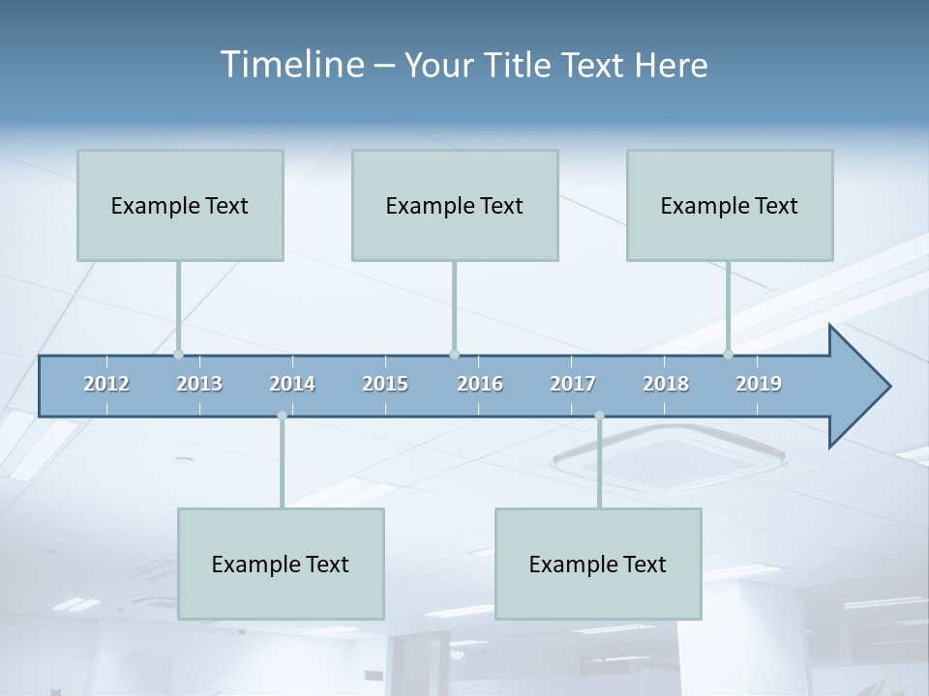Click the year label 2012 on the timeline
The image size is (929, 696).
click(106, 384)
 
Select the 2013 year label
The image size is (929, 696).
click(199, 384)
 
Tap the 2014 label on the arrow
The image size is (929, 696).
click(292, 384)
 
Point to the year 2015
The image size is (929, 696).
click(385, 384)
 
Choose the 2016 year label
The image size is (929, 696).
click(480, 384)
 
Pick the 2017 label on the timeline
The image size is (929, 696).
click(573, 384)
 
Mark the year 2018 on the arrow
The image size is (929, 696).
click(666, 384)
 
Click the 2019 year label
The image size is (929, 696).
click(759, 384)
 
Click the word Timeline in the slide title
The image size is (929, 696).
click(289, 65)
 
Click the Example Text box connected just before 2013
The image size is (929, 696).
click(180, 205)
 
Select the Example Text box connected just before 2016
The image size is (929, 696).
click(455, 205)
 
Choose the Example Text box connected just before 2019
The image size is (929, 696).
click(730, 205)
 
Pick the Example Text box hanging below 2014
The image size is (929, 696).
click(281, 564)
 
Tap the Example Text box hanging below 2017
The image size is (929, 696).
click(598, 564)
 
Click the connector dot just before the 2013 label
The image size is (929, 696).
click(178, 355)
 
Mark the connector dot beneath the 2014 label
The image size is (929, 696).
click(282, 416)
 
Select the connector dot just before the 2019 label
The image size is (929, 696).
click(728, 355)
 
